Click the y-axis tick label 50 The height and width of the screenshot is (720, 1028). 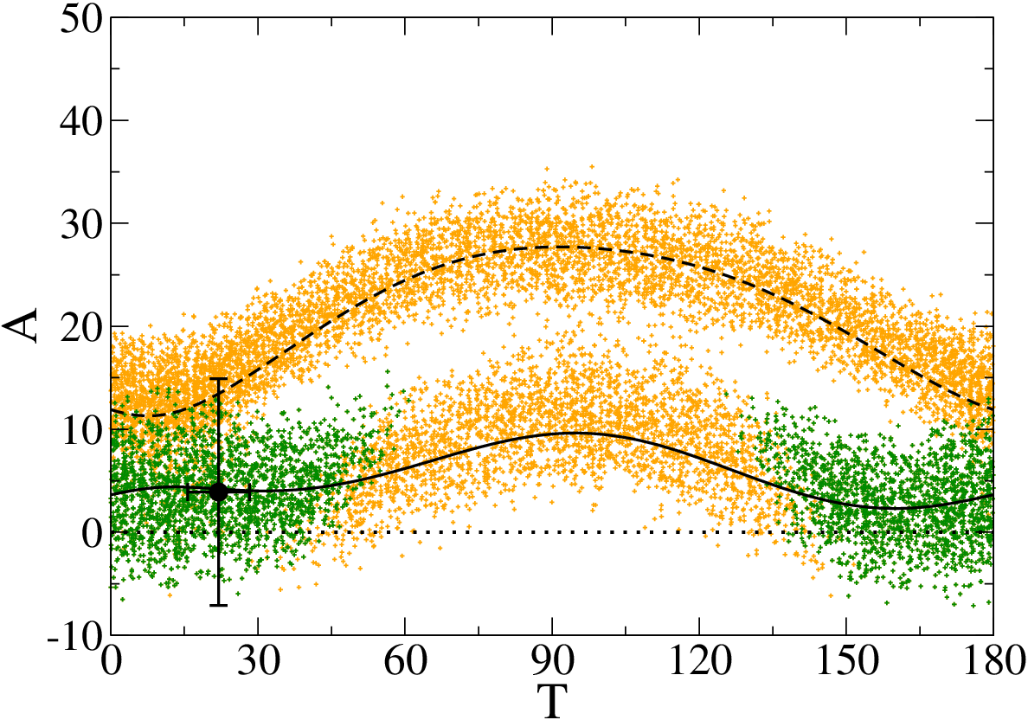[80, 19]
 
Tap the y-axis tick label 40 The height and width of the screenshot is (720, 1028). [80, 121]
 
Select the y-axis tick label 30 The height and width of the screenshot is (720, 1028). [80, 223]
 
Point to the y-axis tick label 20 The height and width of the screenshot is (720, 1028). [80, 326]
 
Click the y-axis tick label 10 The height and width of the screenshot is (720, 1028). [80, 429]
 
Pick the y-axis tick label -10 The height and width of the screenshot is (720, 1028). [74, 634]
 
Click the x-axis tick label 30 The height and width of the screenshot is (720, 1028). [259, 662]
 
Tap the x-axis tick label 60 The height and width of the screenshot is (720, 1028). [405, 662]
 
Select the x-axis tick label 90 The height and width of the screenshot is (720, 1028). [553, 662]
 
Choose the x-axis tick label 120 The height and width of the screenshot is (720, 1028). [699, 662]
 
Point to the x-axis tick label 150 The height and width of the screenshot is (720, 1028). [846, 662]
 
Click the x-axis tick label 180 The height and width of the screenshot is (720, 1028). [993, 662]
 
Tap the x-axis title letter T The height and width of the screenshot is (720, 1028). [552, 700]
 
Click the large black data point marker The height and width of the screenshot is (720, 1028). [218, 492]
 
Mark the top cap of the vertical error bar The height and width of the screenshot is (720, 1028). [218, 379]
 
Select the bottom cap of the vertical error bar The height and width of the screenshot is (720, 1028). [218, 605]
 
